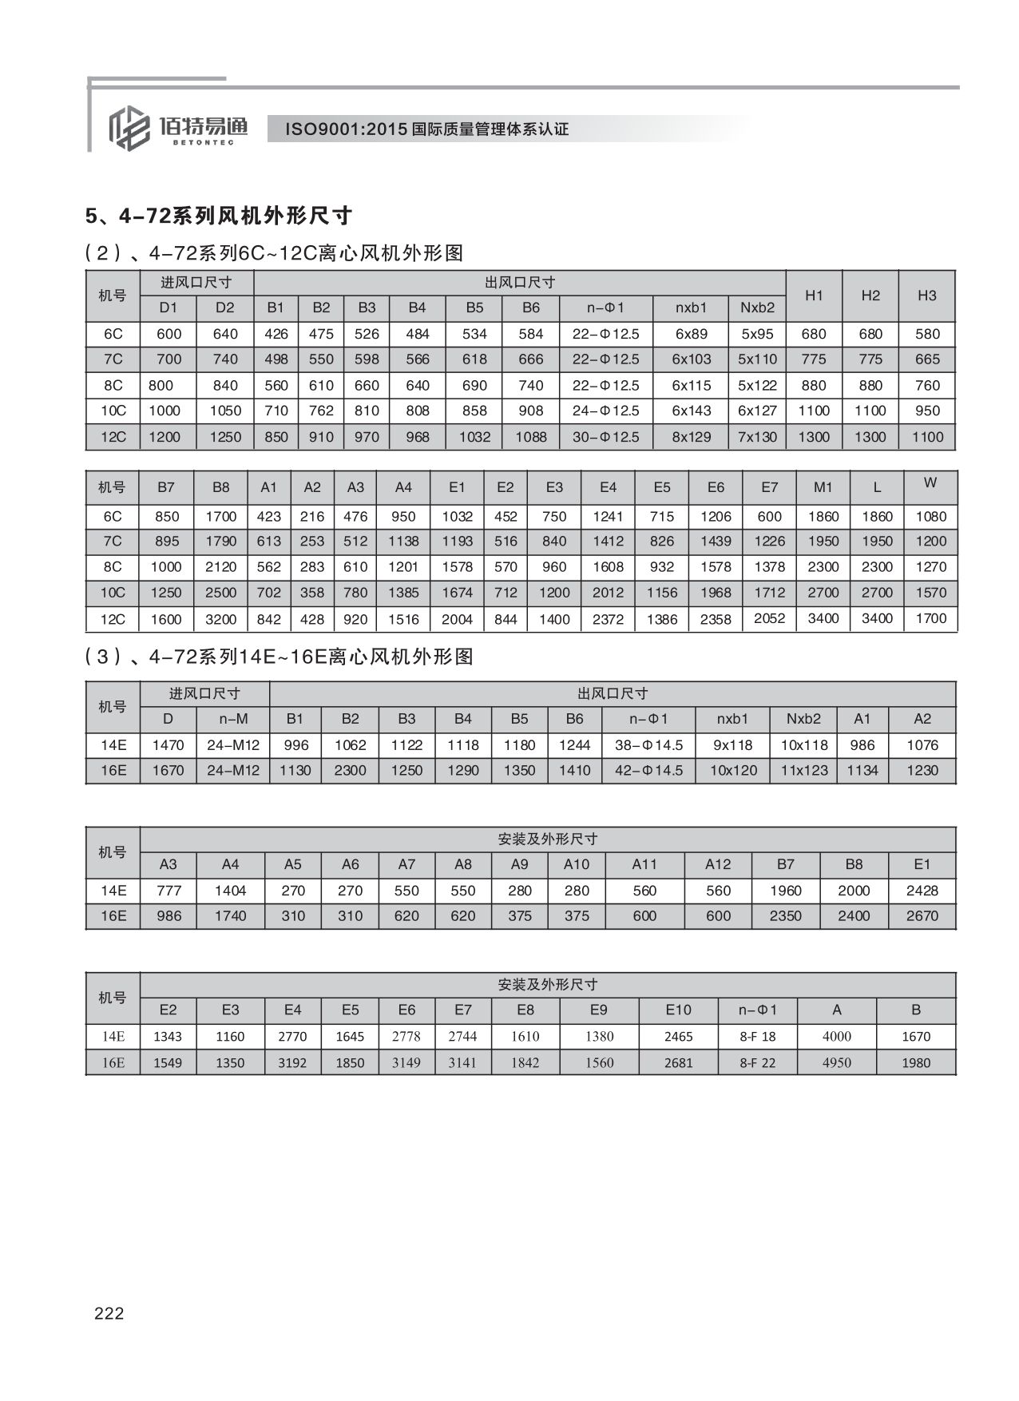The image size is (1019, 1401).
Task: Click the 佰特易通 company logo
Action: [x=177, y=127]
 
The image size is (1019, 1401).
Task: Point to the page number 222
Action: [x=109, y=1312]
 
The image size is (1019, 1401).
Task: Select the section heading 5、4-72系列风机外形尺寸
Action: [x=218, y=216]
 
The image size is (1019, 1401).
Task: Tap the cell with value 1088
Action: [x=530, y=437]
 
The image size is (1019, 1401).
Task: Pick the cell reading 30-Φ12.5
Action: [x=605, y=437]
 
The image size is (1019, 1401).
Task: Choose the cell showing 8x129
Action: [x=691, y=437]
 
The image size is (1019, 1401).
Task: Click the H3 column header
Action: [x=926, y=296]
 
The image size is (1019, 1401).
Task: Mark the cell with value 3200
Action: [x=221, y=619]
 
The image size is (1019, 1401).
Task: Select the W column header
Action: [x=930, y=482]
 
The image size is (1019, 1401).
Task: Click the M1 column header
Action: [x=823, y=487]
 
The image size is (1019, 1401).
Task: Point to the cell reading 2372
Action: [x=608, y=619]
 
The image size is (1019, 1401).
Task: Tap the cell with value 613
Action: [x=268, y=542]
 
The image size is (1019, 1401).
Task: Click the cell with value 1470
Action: [x=168, y=745]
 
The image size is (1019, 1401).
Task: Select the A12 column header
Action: [x=718, y=864]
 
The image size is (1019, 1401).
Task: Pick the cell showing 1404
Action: [x=230, y=891]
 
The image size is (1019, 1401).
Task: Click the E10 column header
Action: [x=678, y=1010]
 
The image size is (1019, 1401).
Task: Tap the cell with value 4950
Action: [x=836, y=1063]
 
